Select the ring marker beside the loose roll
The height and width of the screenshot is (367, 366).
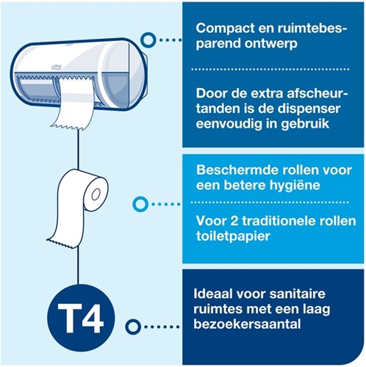coord(137,203)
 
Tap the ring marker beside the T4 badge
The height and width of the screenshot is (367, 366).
coord(133,327)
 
